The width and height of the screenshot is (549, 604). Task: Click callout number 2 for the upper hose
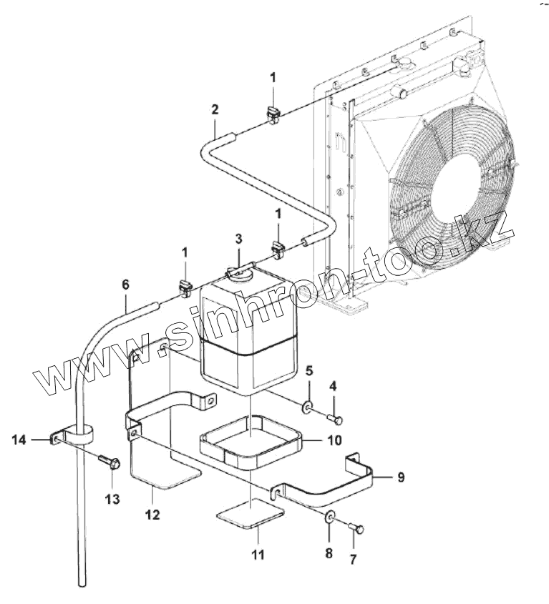pyautogui.click(x=215, y=109)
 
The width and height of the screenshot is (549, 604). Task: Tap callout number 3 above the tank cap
pyautogui.click(x=238, y=238)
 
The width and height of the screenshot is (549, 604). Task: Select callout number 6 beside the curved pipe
pyautogui.click(x=125, y=284)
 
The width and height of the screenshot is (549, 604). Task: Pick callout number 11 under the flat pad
pyautogui.click(x=256, y=554)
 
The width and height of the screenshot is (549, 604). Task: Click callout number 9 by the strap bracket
pyautogui.click(x=400, y=477)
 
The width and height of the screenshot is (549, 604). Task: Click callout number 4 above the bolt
pyautogui.click(x=333, y=387)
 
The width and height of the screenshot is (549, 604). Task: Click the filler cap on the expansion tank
pyautogui.click(x=237, y=272)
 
